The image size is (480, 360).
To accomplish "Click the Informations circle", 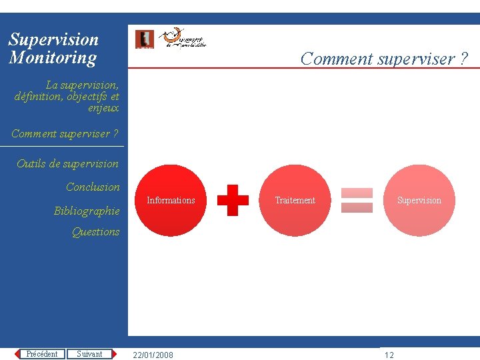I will [171, 200].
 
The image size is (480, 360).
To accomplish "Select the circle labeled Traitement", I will [295, 200].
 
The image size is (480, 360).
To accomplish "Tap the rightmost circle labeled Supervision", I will [419, 200].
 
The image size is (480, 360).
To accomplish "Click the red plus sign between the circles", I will [233, 200].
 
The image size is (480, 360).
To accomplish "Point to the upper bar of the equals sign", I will [357, 193].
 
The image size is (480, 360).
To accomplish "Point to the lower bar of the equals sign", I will [357, 207].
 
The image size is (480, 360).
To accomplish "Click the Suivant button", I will [89, 354].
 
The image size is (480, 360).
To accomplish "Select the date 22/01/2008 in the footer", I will [153, 355].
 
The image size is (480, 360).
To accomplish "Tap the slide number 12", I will [389, 355].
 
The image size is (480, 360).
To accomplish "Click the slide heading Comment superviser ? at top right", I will [384, 59].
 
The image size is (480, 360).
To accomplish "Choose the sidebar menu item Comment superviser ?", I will [65, 133].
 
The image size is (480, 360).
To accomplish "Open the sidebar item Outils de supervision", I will [67, 163].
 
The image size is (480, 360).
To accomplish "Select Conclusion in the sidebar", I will [93, 187].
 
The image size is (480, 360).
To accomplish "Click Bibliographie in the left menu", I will [87, 211].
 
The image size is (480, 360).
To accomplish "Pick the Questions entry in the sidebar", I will [95, 231].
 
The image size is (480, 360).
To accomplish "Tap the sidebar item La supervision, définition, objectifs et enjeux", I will [67, 96].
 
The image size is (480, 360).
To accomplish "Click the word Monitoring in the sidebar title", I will [53, 58].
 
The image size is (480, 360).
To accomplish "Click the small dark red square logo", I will [144, 39].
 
